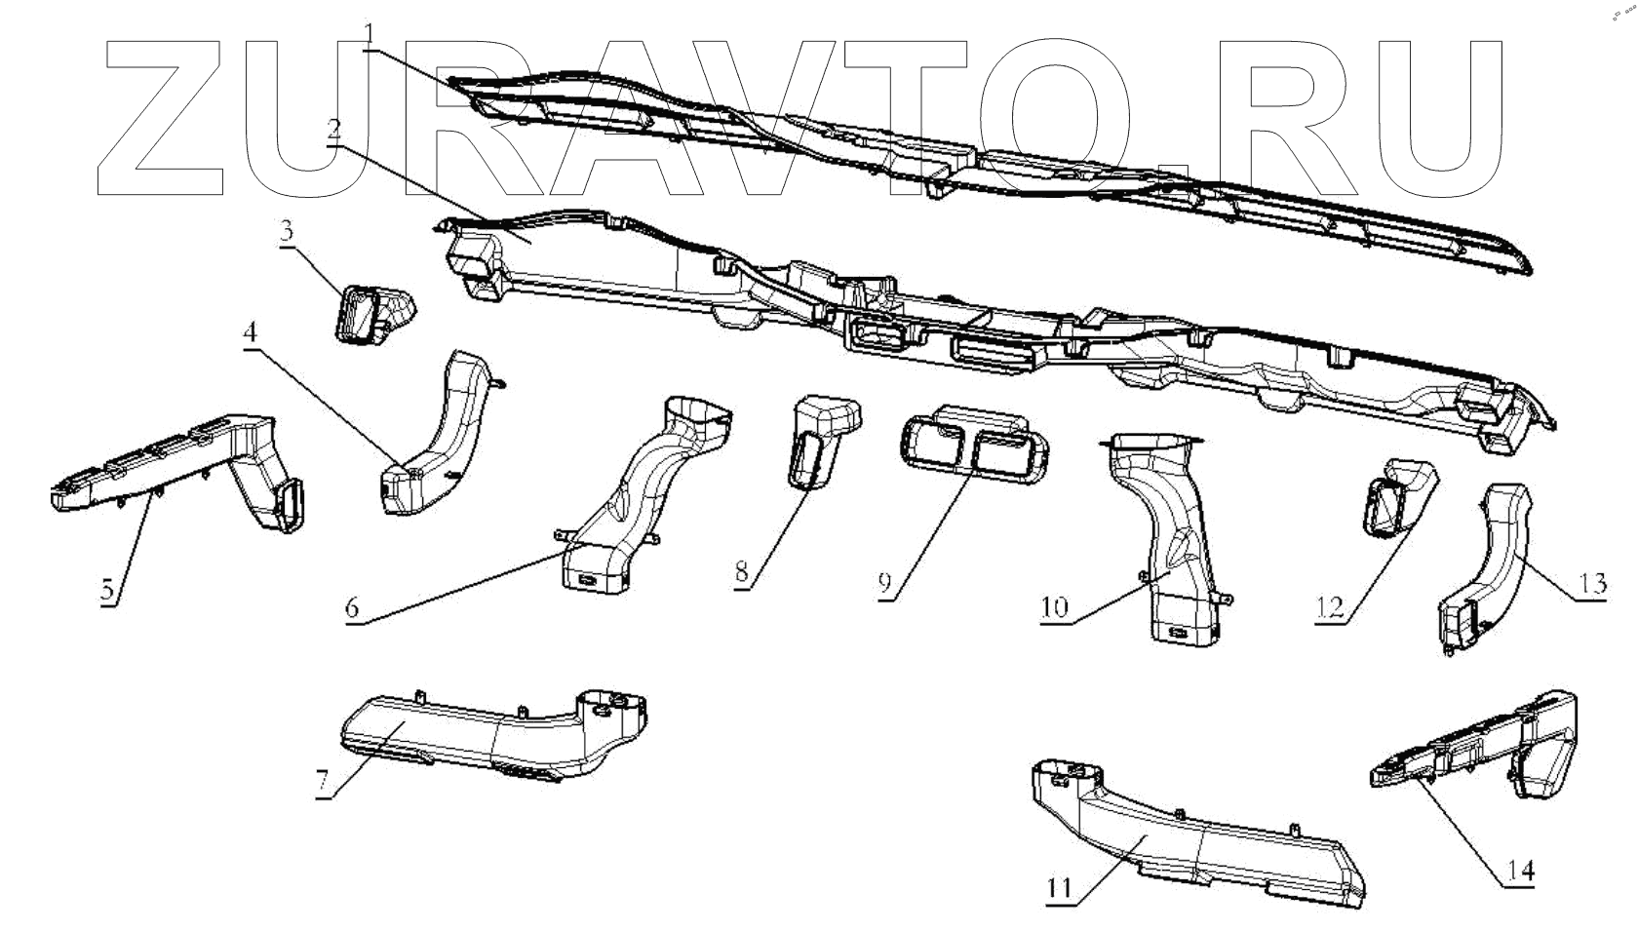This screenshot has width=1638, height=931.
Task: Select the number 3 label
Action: pos(286,232)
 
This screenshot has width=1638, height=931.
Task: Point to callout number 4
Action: pos(251,332)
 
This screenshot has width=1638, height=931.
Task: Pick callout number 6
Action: pos(351,607)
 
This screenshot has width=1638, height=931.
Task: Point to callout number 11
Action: pos(1060,888)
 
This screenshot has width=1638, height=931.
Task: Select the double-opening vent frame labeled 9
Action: pos(975,446)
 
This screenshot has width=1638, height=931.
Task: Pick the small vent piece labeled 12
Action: pos(1396,500)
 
